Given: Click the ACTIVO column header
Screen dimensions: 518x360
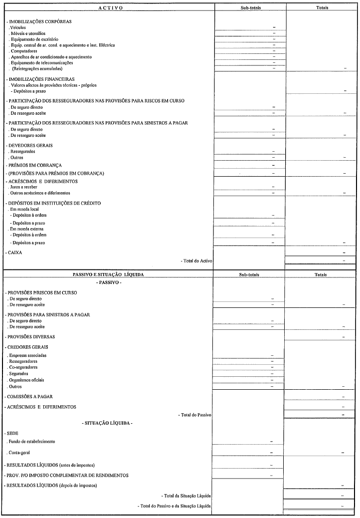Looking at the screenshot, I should (108, 8).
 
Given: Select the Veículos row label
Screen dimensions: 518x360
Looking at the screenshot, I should (18, 27).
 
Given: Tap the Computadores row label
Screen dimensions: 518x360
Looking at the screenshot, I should (24, 51).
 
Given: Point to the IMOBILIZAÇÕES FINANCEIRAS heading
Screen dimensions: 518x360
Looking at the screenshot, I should (41, 79).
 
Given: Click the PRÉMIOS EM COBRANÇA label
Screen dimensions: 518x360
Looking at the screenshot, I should (35, 165).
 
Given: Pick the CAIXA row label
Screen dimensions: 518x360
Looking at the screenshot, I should (14, 253).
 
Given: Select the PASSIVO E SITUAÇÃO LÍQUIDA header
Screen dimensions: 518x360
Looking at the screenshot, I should (108, 274).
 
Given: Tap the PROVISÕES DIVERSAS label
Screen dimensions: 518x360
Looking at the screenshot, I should (31, 337).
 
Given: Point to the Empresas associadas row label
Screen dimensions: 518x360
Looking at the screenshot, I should (28, 355).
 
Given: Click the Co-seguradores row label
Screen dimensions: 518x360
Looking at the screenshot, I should (23, 367).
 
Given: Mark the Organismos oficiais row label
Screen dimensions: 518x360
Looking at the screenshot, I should (26, 380).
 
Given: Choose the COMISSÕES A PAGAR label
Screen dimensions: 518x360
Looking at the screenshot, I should (30, 396).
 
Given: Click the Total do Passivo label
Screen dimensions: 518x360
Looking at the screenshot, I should (195, 415).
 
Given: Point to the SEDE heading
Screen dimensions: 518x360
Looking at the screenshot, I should (12, 433).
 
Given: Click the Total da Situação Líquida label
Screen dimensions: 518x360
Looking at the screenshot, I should (186, 496).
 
